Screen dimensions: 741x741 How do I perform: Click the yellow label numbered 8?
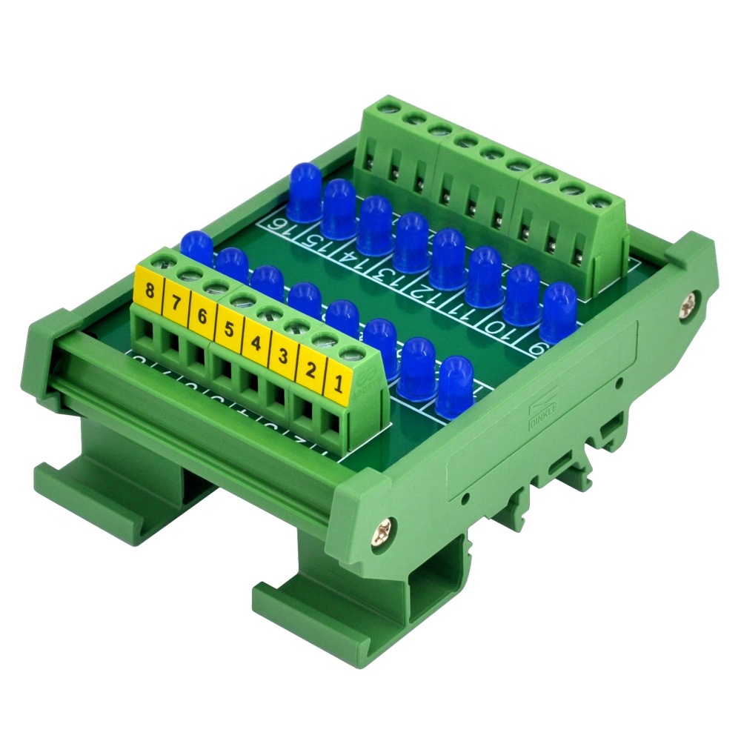pos(150,291)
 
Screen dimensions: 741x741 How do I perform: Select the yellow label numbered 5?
pos(229,329)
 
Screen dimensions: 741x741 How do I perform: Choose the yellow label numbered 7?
pos(176,303)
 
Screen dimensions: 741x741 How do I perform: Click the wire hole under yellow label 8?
pos(142,334)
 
